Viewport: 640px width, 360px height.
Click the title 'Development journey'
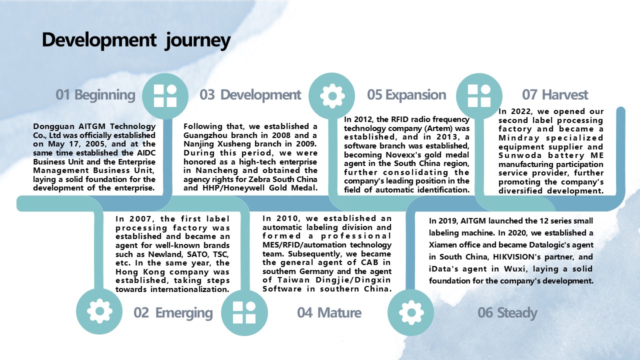point(136,40)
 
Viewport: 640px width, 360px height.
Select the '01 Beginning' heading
point(95,95)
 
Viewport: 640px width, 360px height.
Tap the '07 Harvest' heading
point(555,95)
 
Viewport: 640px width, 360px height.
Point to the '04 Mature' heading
point(329,312)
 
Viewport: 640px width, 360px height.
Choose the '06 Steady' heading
point(507,312)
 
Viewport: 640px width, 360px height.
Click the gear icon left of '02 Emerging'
point(99,311)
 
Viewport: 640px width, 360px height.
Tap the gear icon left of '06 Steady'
point(411,312)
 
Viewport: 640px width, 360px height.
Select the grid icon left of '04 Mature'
point(244,312)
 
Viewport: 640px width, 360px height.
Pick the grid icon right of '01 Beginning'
point(165,95)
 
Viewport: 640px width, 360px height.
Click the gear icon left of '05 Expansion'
point(332,96)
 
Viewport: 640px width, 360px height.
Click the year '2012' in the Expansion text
point(363,119)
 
